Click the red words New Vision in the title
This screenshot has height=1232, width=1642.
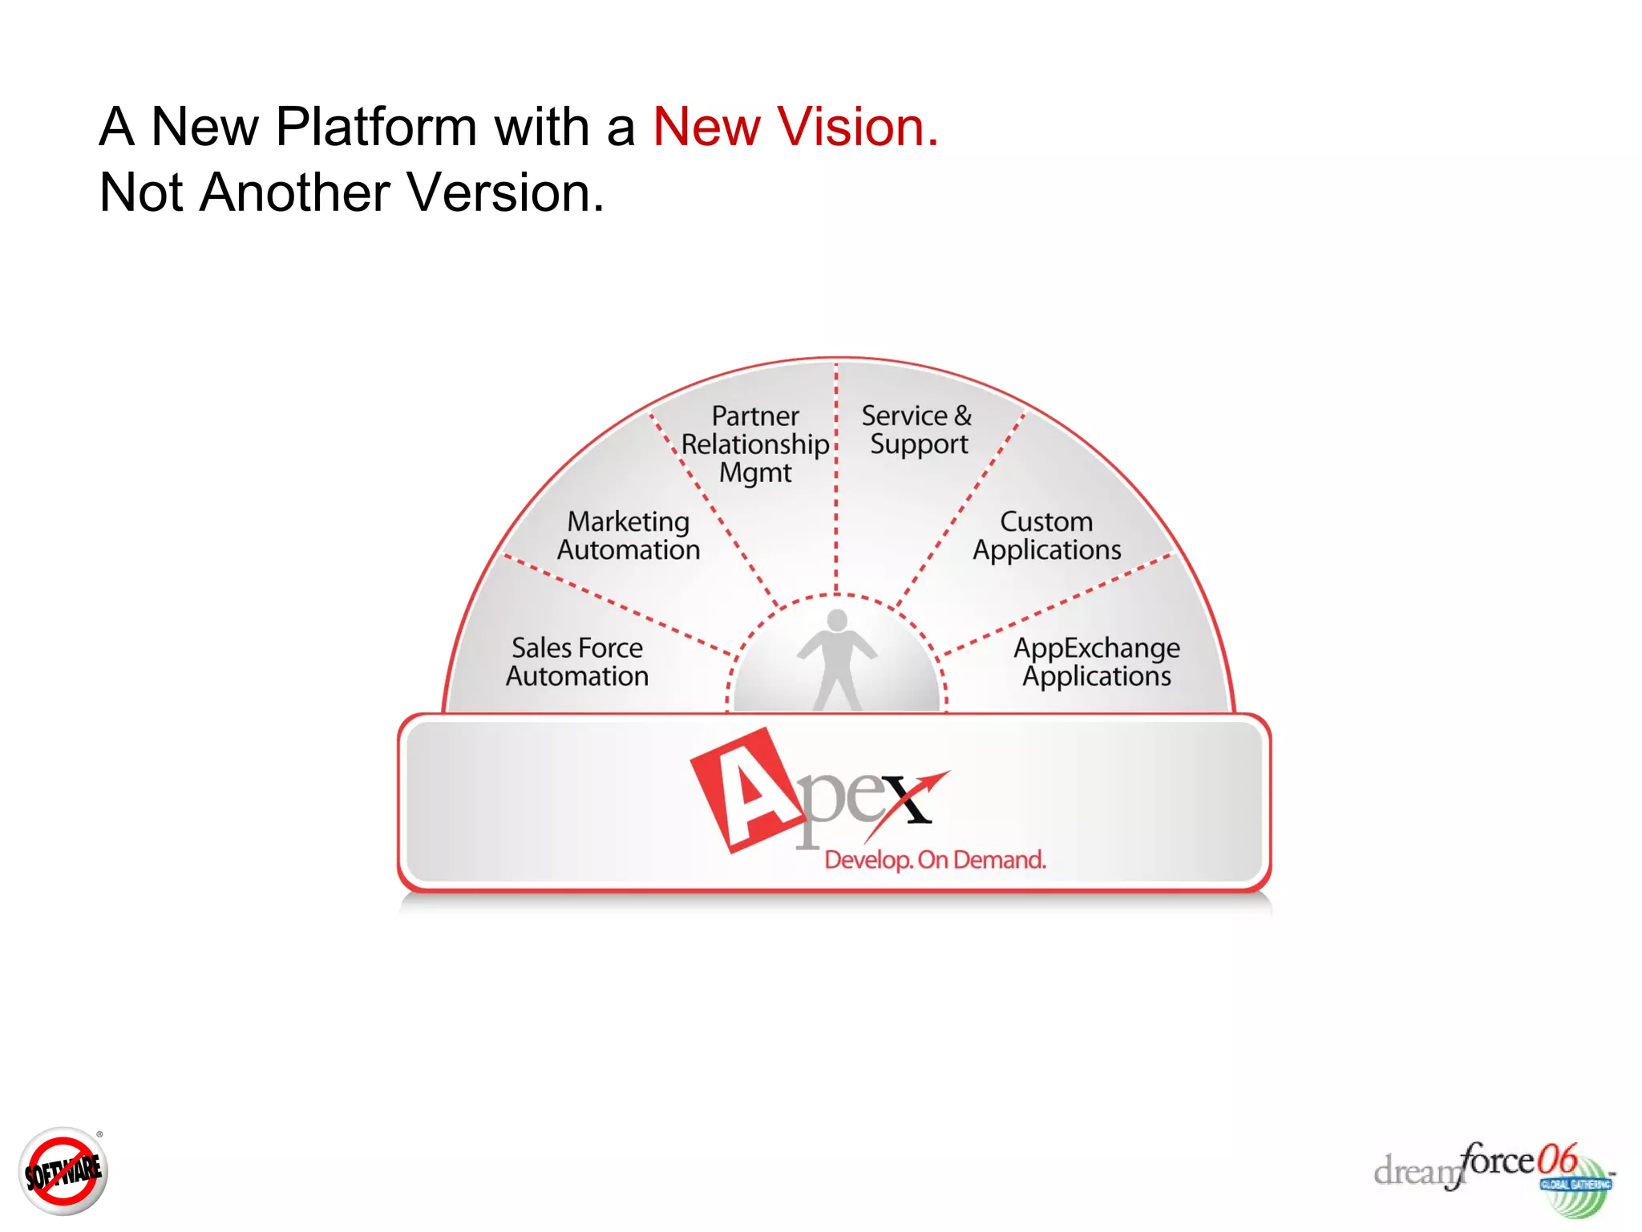tap(795, 127)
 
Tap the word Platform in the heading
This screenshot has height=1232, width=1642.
tap(376, 127)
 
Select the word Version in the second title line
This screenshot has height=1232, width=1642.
tap(504, 192)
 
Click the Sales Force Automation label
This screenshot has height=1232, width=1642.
tap(576, 662)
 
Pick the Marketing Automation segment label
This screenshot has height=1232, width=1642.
tap(629, 536)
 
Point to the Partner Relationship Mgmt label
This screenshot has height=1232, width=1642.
tap(754, 444)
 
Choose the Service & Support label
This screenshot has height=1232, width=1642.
tap(917, 430)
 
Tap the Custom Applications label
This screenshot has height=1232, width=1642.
tap(1046, 536)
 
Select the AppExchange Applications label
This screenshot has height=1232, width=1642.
tap(1096, 662)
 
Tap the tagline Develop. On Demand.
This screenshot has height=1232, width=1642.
tap(935, 860)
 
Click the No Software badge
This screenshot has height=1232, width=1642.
tap(63, 1171)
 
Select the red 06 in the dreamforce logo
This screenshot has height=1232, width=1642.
tap(1557, 1159)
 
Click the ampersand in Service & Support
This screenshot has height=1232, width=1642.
tap(962, 415)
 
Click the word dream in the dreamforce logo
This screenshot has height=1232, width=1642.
tap(1415, 1172)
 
